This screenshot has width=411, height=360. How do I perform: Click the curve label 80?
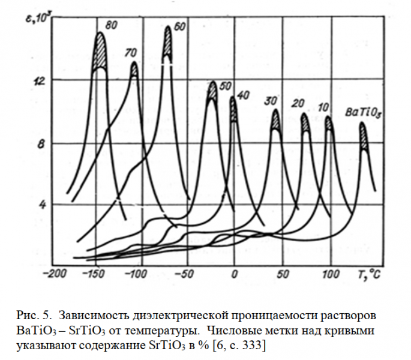point(110,25)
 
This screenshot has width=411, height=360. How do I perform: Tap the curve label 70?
point(130,53)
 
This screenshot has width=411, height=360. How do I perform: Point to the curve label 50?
point(226,86)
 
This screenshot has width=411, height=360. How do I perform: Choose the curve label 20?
point(298,104)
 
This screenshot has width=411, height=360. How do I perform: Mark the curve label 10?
point(323,108)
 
